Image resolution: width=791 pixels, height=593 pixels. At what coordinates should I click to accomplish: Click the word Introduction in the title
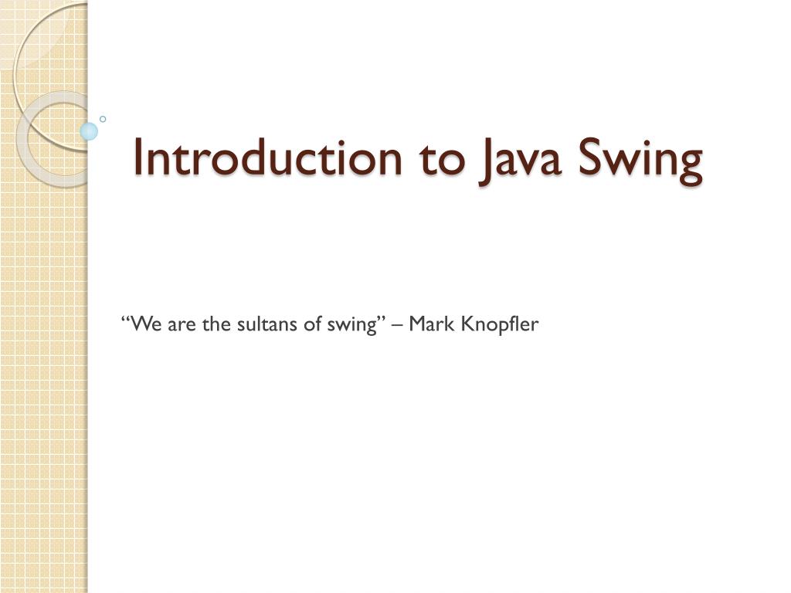[x=268, y=158]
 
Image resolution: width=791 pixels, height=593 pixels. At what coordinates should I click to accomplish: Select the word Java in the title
[x=520, y=162]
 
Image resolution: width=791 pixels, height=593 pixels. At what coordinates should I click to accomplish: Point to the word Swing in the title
[x=640, y=161]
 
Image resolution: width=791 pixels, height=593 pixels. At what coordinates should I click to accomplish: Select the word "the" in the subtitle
[x=216, y=324]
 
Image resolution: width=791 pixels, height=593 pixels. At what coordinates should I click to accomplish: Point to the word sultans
[x=266, y=324]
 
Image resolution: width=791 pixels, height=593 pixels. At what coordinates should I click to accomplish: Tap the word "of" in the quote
[x=313, y=324]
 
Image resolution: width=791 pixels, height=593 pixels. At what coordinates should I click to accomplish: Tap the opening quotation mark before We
[x=125, y=319]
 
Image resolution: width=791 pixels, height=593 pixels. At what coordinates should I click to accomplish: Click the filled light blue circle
[x=89, y=131]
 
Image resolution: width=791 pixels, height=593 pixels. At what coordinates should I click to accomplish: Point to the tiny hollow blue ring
[x=103, y=119]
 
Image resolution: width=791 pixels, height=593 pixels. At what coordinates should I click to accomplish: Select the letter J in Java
[x=486, y=162]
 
